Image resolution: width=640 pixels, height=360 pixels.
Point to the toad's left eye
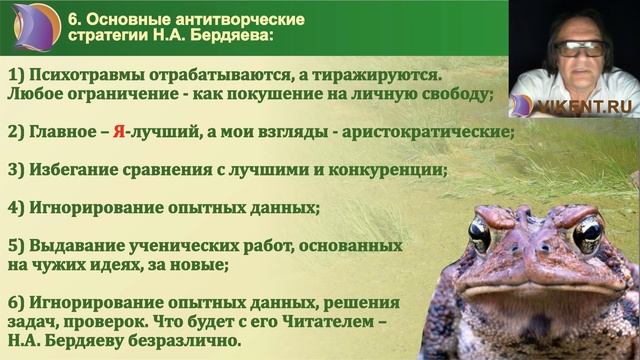coord(480,235)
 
